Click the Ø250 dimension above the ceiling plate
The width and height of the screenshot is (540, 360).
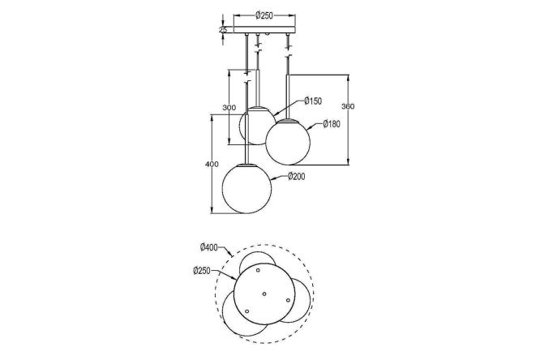tap(264, 15)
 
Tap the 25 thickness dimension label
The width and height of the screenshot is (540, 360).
tap(223, 30)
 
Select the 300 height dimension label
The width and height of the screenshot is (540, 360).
tap(229, 108)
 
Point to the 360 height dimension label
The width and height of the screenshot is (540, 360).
tap(348, 106)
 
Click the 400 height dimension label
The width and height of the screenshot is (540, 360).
tap(212, 165)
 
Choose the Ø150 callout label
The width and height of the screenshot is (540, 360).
tap(313, 101)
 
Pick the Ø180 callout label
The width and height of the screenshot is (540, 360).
tap(332, 124)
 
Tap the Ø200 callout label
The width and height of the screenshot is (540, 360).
tap(296, 177)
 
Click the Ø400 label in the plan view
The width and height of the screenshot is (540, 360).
tap(208, 247)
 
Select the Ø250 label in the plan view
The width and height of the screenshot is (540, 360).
tap(202, 271)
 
